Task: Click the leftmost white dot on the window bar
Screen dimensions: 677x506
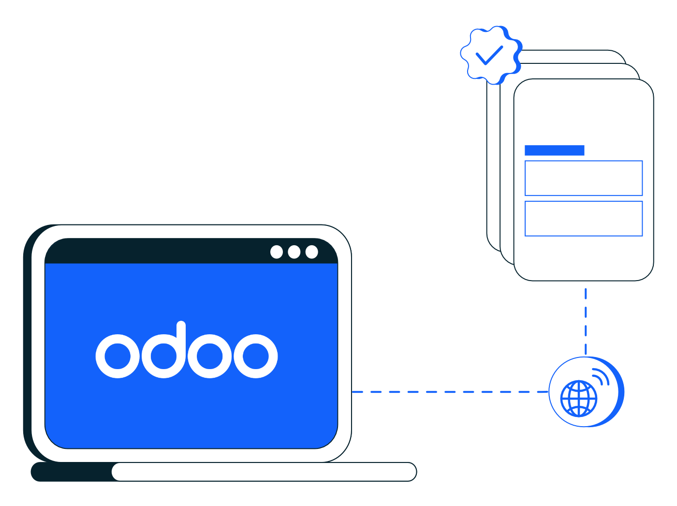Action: coord(276,252)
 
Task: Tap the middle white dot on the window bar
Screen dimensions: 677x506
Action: coord(294,252)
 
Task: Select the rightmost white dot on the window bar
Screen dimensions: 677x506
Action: coord(311,252)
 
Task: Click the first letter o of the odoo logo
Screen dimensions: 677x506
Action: coord(118,356)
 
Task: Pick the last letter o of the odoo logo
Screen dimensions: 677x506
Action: coord(256,356)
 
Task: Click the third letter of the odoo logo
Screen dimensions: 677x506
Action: coord(210,356)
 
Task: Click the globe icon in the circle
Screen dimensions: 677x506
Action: coord(579,399)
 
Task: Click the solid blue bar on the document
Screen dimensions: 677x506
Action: coord(554,150)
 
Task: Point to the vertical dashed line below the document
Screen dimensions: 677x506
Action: coord(586,321)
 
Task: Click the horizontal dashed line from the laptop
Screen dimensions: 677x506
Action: coord(450,392)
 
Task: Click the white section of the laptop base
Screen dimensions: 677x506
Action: coord(264,472)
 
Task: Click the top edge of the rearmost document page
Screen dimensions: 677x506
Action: coord(571,50)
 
